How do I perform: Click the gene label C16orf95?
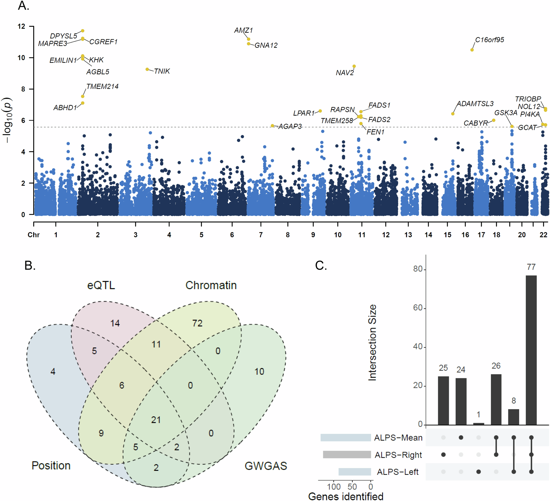[490, 40]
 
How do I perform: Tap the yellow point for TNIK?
[147, 69]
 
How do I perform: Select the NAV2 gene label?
[345, 73]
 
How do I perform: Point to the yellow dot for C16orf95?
[472, 50]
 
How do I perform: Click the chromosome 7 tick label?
[261, 235]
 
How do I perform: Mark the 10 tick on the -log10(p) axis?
[21, 58]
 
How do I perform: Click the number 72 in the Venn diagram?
[197, 323]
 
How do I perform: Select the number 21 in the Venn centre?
[156, 420]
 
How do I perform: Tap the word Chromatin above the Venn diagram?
[211, 285]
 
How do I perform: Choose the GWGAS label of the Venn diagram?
[266, 466]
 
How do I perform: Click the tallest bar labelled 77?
[531, 350]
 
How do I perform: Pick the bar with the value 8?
[513, 417]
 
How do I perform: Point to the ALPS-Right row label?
[398, 455]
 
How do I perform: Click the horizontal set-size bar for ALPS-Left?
[354, 472]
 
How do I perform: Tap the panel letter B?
[30, 265]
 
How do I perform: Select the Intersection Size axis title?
[372, 343]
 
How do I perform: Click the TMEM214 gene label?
[102, 86]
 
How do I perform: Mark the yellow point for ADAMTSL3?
[453, 114]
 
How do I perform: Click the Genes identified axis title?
[346, 496]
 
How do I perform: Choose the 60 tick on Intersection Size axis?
[418, 308]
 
